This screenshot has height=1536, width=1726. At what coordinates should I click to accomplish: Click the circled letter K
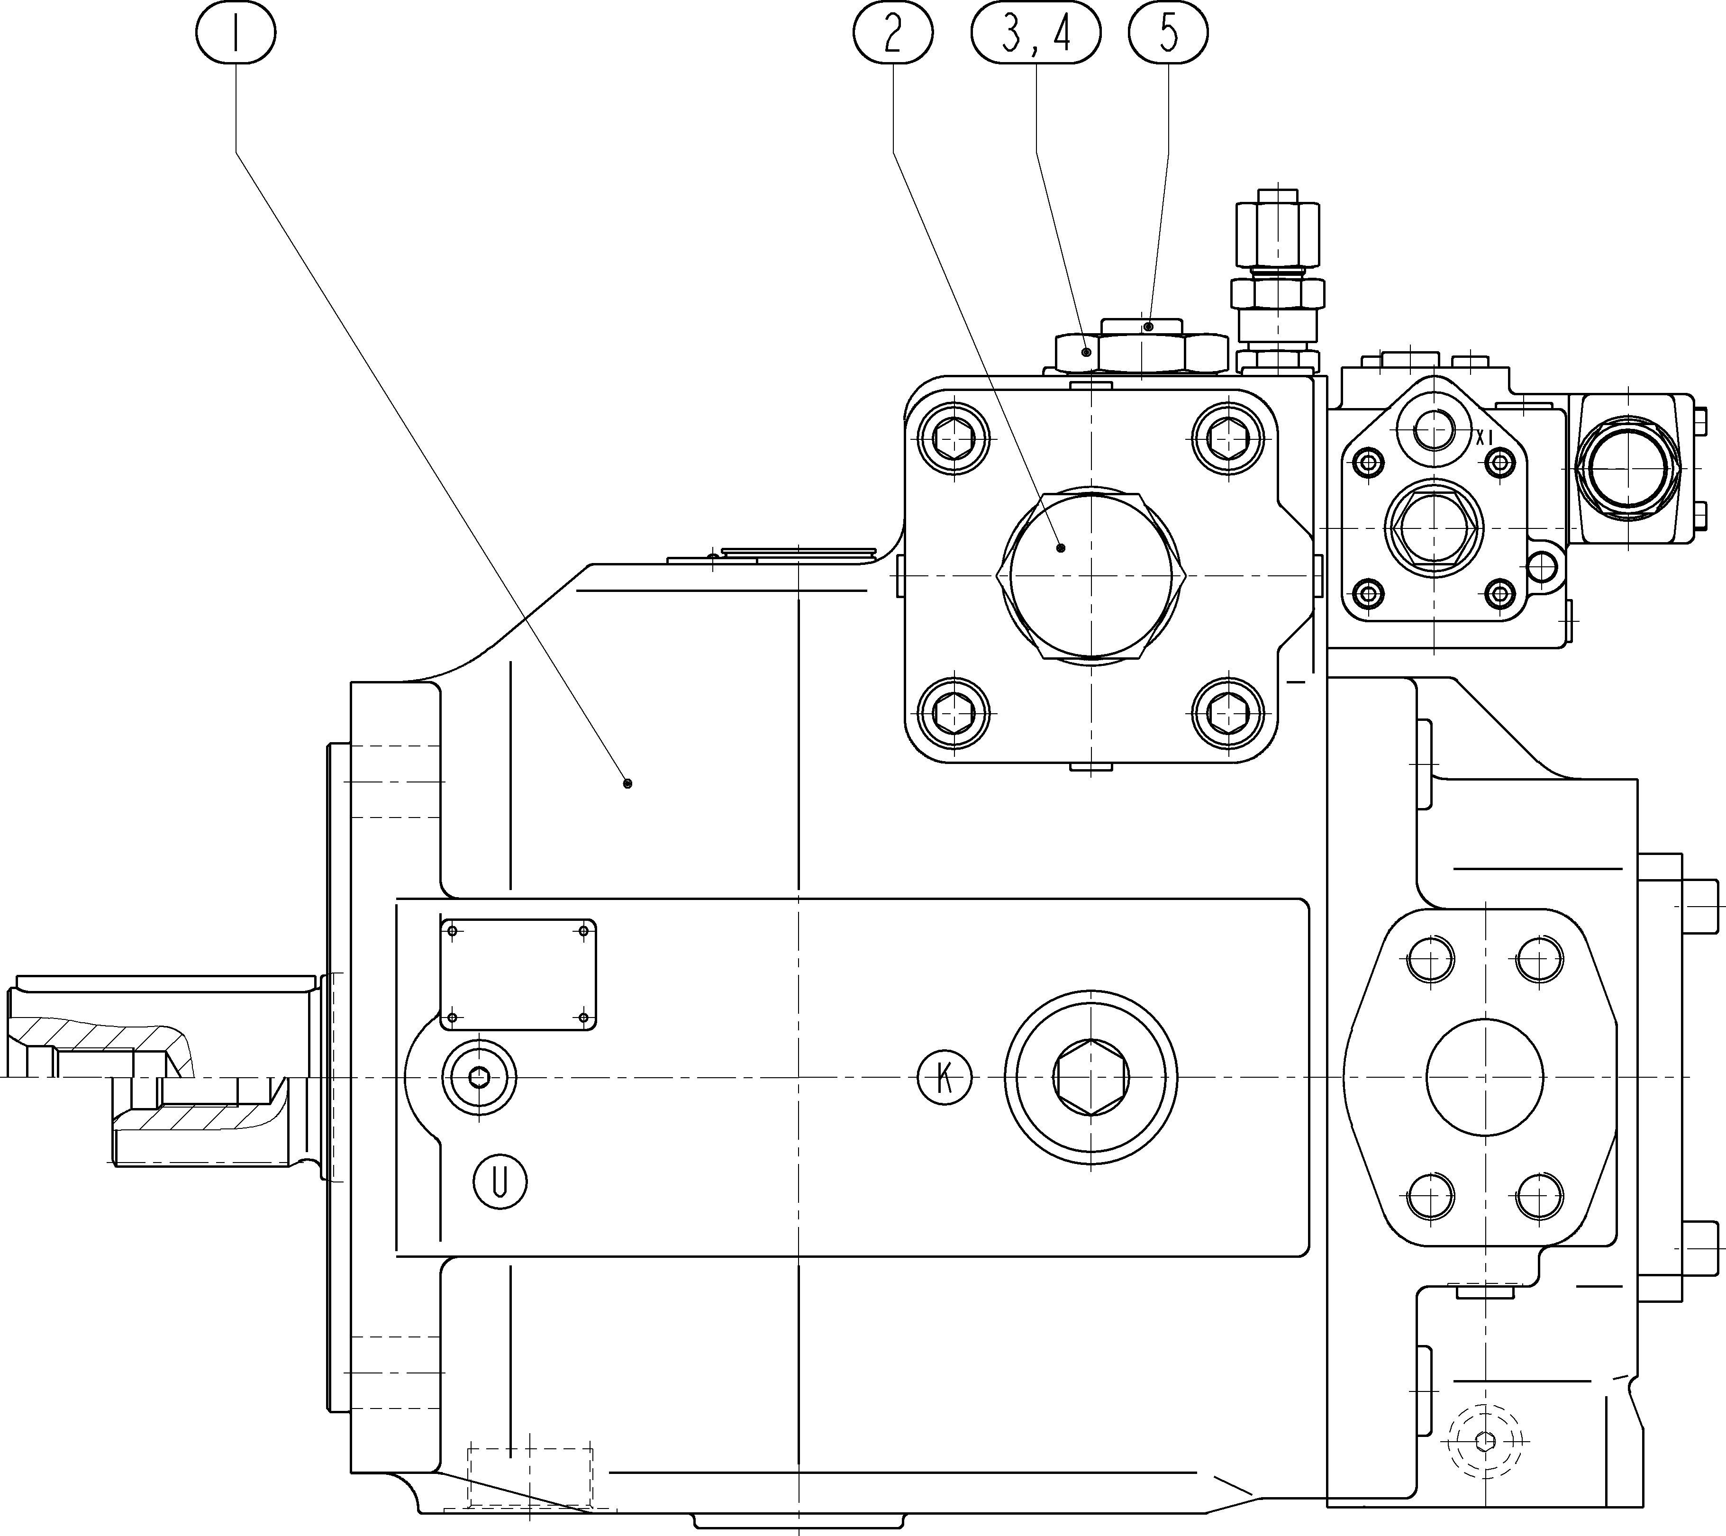[944, 1078]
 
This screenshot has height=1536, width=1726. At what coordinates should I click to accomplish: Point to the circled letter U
[500, 1182]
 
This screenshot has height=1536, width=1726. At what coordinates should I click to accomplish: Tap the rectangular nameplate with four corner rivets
[518, 974]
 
